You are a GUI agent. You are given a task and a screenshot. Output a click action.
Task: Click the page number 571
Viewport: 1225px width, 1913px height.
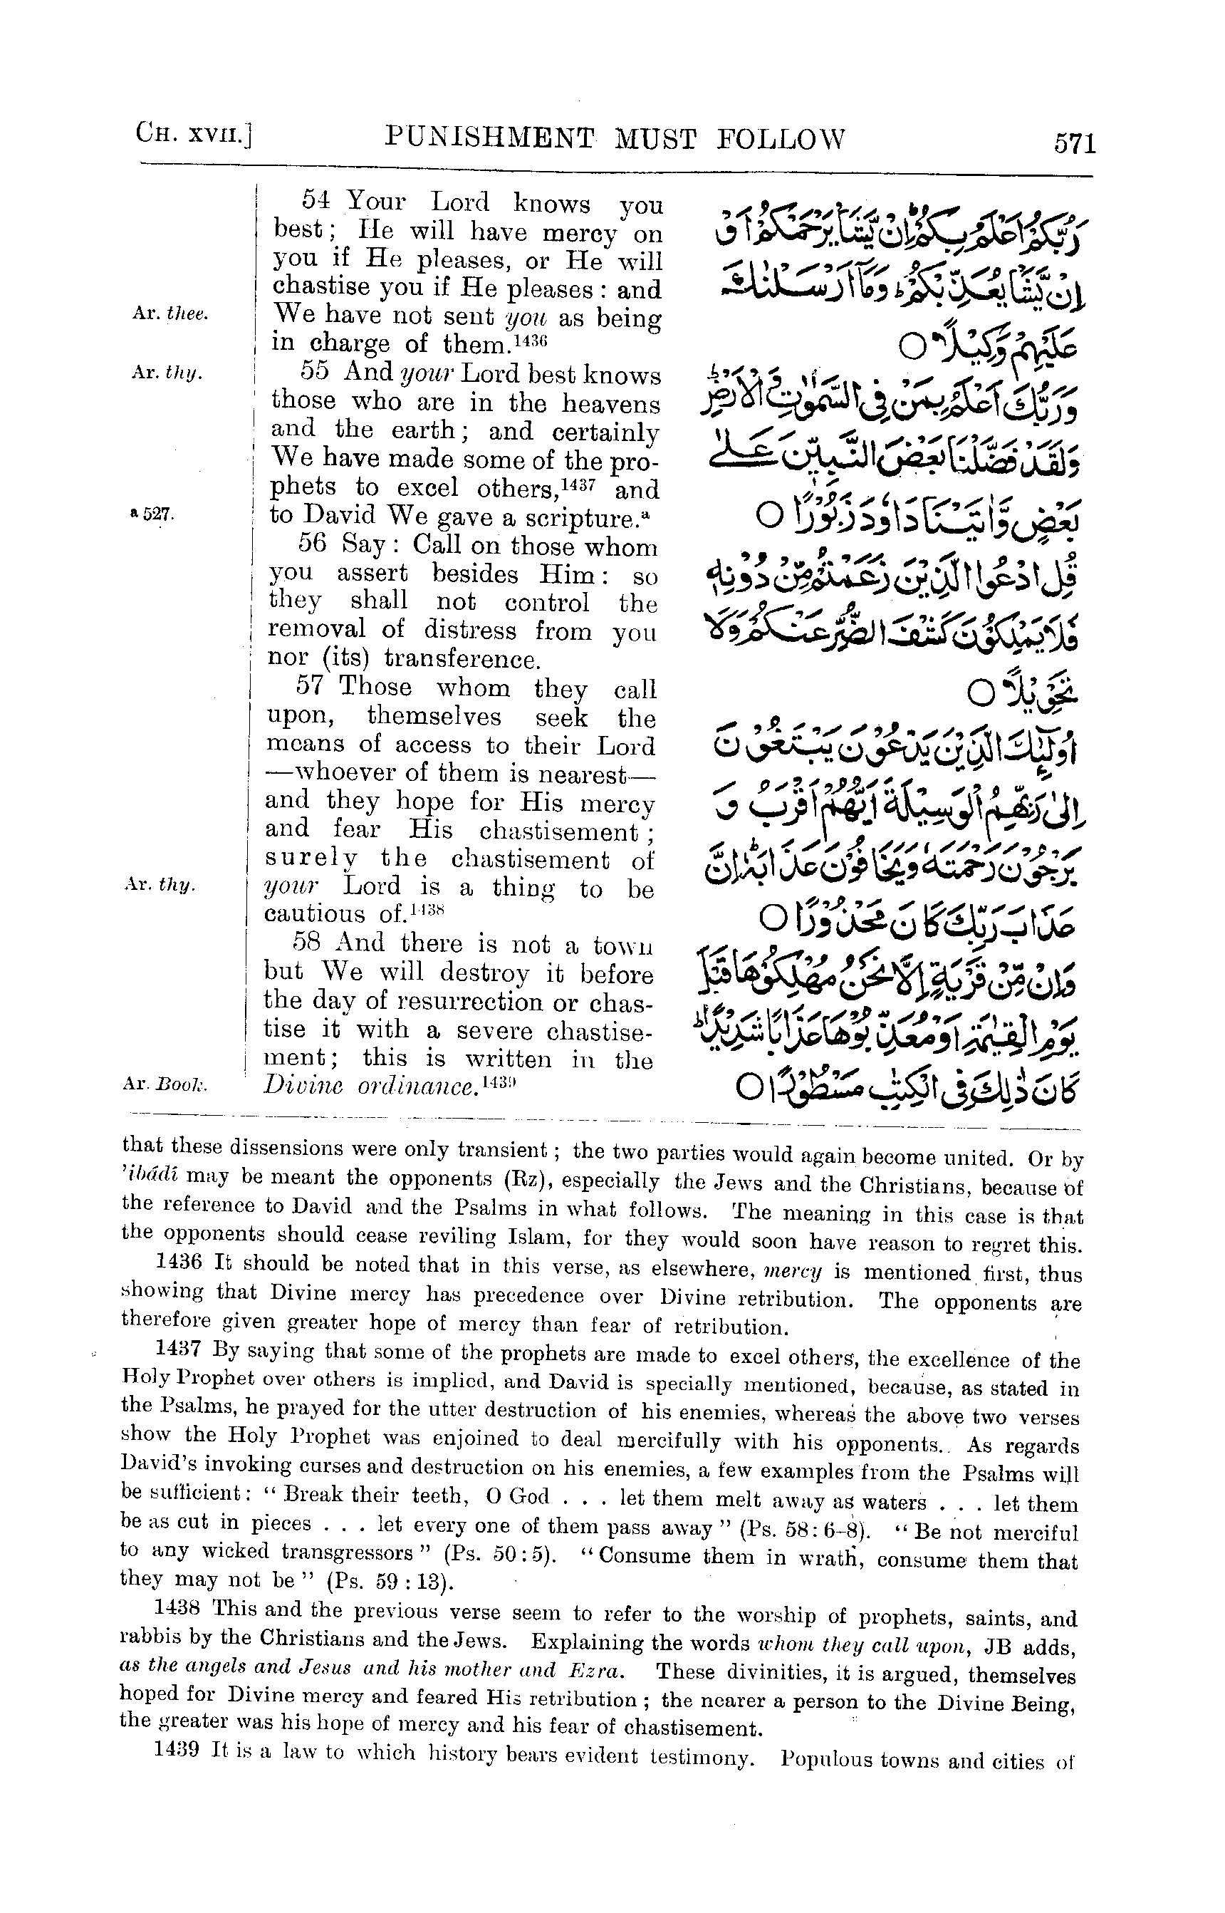point(1075,144)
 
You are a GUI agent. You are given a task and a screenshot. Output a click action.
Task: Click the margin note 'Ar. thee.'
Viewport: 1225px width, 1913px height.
point(170,313)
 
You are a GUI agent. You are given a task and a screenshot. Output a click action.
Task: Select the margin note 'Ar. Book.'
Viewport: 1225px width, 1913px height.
point(165,1084)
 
